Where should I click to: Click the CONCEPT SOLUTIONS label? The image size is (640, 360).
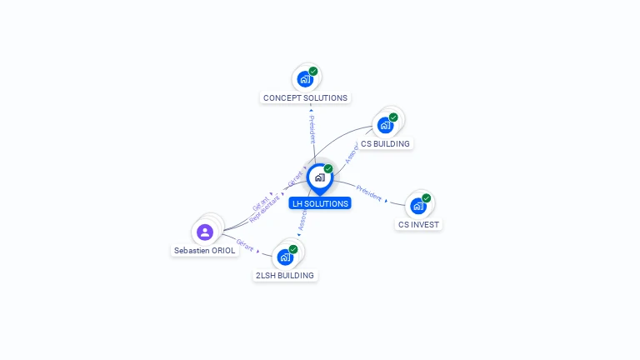click(x=305, y=97)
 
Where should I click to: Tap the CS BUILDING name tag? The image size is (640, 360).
click(x=385, y=143)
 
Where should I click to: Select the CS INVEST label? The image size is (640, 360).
click(x=418, y=224)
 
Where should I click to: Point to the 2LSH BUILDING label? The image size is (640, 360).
click(x=285, y=275)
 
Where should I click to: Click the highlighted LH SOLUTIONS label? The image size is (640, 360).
click(x=320, y=203)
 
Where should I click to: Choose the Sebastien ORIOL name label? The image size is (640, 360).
click(x=205, y=250)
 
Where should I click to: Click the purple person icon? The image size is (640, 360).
click(x=205, y=232)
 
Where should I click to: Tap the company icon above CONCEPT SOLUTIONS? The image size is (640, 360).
click(x=305, y=79)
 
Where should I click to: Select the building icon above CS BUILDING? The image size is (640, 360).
click(x=385, y=125)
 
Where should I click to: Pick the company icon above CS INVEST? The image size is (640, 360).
click(x=418, y=205)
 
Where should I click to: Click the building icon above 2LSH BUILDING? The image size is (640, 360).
click(x=285, y=257)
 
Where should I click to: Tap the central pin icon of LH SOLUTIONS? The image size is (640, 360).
click(x=319, y=177)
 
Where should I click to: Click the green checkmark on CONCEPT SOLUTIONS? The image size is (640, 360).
click(x=313, y=72)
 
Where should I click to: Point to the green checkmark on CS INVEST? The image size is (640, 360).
click(x=427, y=198)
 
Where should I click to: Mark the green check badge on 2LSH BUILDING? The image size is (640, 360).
click(x=293, y=249)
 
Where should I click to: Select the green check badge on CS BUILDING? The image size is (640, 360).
click(x=393, y=117)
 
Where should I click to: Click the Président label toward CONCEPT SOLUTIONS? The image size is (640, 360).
click(x=312, y=129)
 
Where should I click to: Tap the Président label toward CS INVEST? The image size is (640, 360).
click(x=369, y=193)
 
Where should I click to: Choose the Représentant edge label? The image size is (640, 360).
click(x=265, y=208)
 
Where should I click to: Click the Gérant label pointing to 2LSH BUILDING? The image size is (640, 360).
click(x=244, y=246)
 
